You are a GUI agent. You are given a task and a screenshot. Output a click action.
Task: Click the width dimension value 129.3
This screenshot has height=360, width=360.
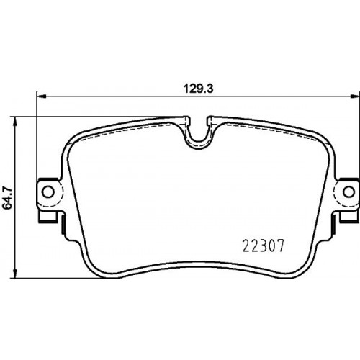[x=199, y=89]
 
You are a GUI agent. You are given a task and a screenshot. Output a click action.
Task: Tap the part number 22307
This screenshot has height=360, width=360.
[x=264, y=246]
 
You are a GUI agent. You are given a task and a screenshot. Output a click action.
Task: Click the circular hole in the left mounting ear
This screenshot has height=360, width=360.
[x=48, y=192]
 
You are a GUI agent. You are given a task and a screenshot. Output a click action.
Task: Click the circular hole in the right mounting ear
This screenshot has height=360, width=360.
[x=348, y=192]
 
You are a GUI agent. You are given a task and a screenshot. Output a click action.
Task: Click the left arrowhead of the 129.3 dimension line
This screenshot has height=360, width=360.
[x=41, y=96]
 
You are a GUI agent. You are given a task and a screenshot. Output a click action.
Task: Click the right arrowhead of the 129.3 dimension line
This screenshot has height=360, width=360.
[x=355, y=96]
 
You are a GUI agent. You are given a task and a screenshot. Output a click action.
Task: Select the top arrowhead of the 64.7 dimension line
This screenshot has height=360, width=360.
[x=15, y=122]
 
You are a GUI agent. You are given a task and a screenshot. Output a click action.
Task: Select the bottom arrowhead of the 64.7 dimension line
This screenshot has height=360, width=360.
[x=15, y=274]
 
